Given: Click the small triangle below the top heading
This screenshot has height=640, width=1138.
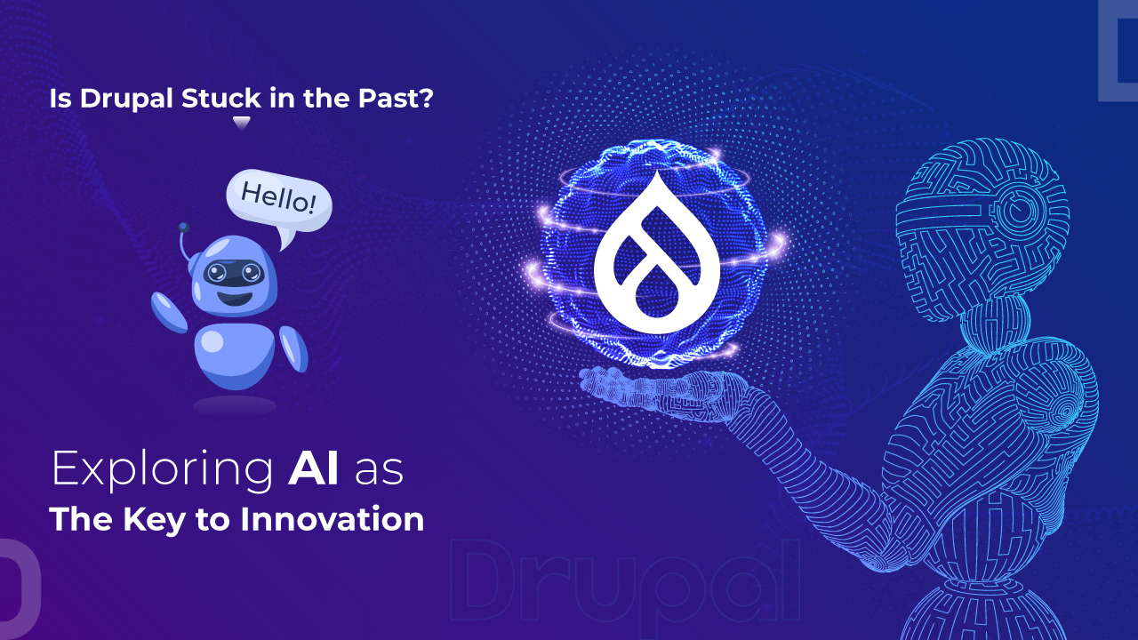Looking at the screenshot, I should tap(241, 122).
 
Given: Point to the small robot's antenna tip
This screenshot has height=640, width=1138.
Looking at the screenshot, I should tap(182, 228).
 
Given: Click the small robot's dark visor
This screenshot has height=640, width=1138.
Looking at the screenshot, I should tap(228, 273).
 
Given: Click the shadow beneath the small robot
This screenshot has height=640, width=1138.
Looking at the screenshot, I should tap(235, 405).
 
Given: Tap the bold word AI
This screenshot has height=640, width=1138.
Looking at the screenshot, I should tap(313, 469).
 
